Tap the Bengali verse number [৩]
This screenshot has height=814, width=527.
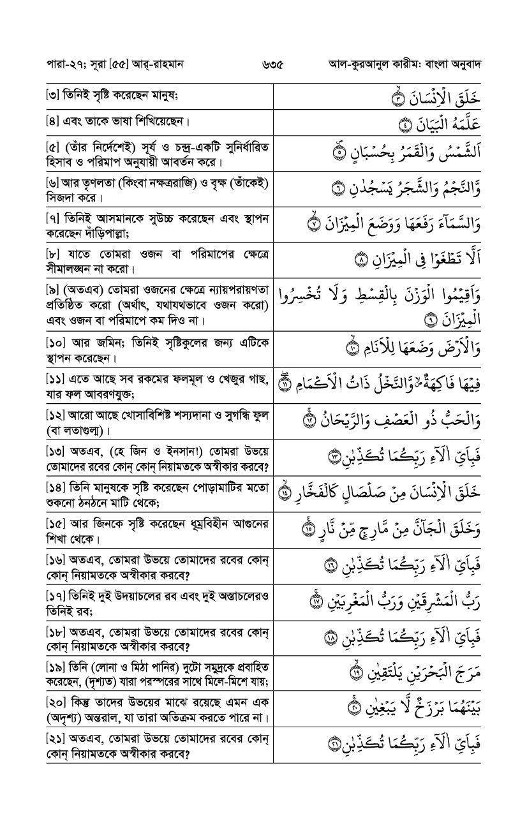tap(53, 97)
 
